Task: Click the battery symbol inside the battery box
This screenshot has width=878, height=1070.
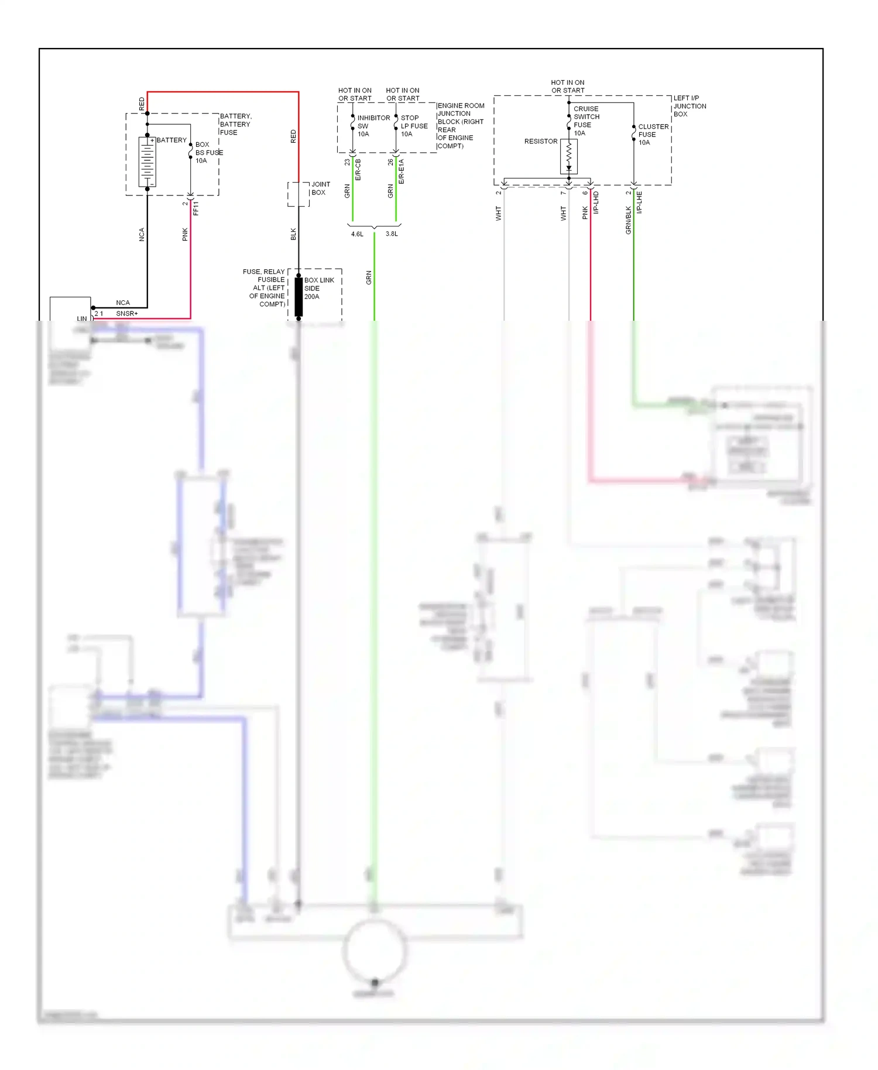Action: click(x=147, y=162)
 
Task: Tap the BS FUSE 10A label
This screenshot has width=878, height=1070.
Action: click(x=208, y=152)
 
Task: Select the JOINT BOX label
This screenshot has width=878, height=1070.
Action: click(x=320, y=188)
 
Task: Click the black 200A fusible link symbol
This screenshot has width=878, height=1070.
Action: click(x=299, y=297)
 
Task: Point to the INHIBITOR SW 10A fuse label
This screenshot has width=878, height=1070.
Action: click(x=373, y=126)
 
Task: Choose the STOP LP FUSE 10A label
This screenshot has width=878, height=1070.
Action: click(x=414, y=126)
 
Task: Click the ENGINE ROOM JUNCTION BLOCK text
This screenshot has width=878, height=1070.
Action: click(x=461, y=125)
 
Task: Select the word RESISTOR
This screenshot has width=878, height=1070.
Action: click(x=540, y=141)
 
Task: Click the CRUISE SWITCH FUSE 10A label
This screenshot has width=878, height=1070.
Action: click(x=586, y=121)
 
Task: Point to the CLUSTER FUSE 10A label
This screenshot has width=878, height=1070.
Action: click(x=653, y=134)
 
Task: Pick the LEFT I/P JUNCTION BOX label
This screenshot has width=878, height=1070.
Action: click(x=690, y=106)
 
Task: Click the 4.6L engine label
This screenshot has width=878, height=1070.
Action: click(x=357, y=234)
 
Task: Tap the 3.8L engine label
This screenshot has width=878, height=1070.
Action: click(x=392, y=234)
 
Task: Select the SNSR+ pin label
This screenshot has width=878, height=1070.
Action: click(x=126, y=313)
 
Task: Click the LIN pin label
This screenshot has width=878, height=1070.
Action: click(x=81, y=318)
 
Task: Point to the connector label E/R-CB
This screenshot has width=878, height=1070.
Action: click(x=358, y=169)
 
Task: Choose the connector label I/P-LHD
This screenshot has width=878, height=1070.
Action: click(x=596, y=202)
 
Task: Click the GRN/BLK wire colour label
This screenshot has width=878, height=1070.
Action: click(x=628, y=220)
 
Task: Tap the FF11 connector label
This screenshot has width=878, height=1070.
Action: click(x=196, y=208)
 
